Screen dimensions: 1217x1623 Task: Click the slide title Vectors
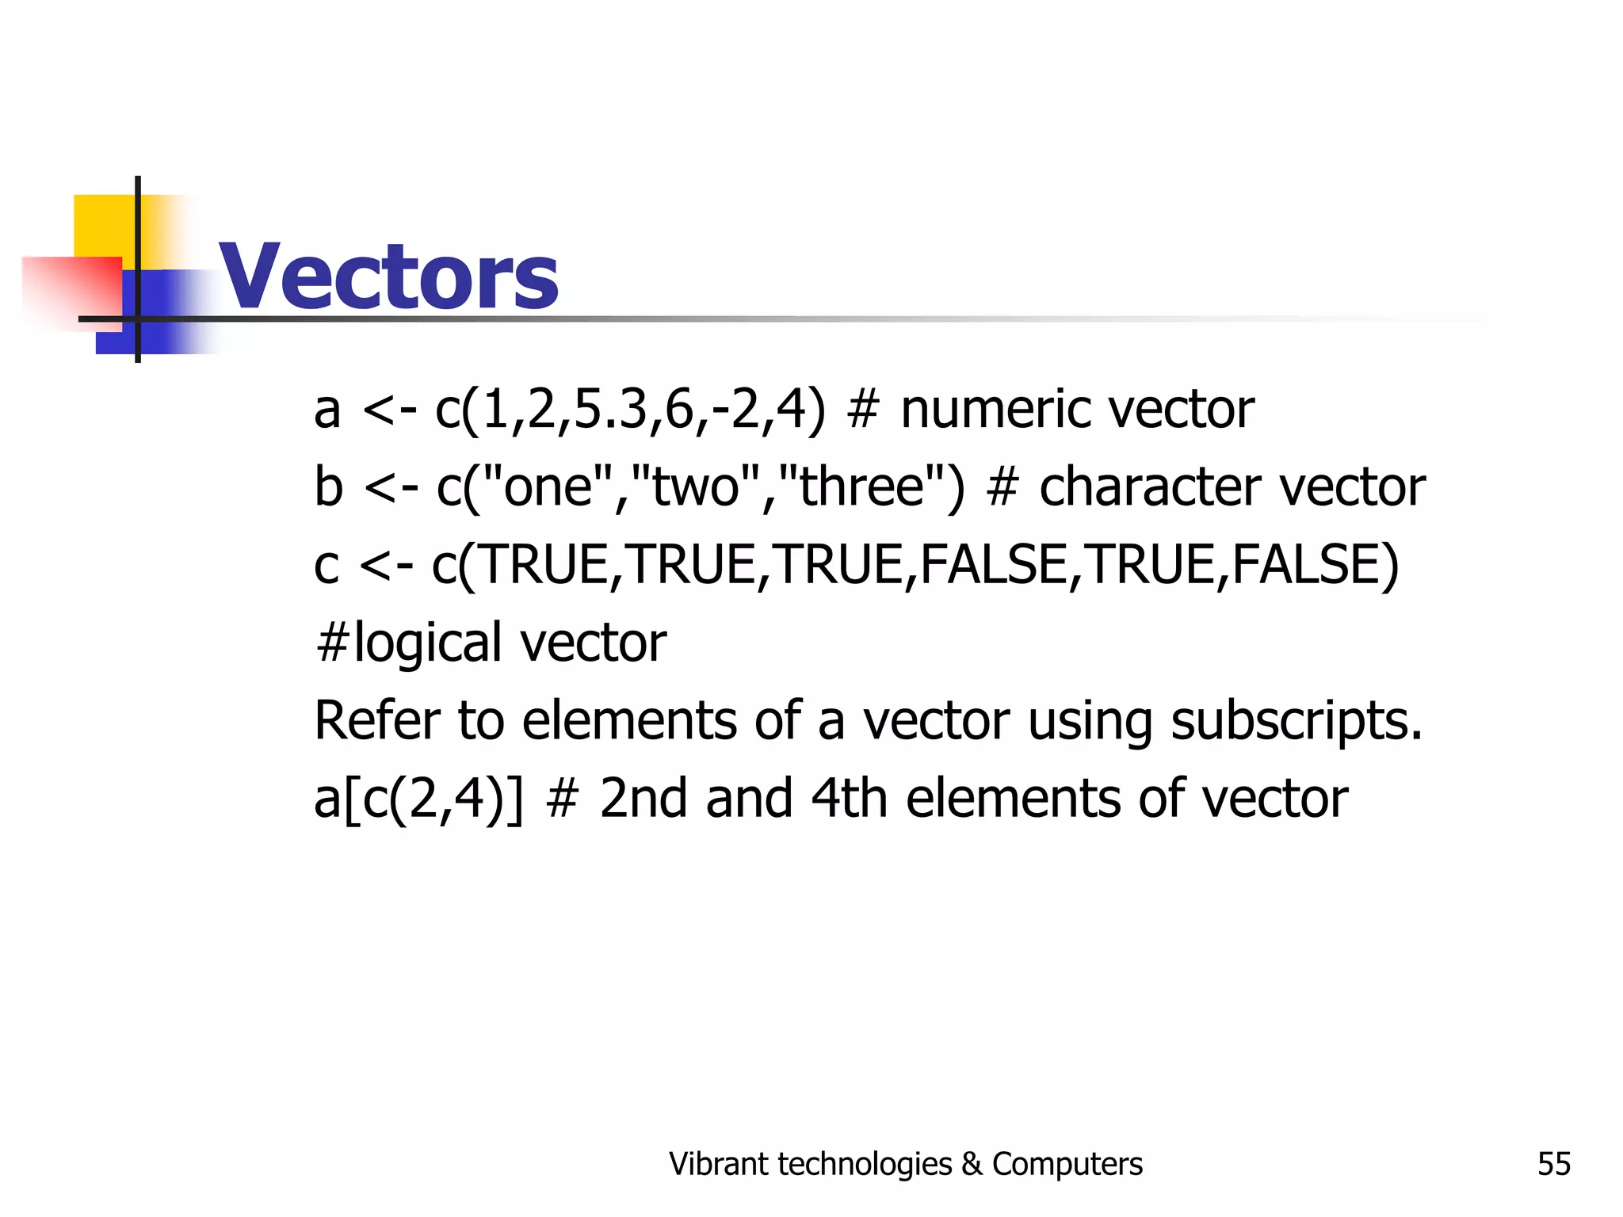click(x=388, y=277)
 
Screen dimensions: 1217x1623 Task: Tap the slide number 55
click(x=1553, y=1164)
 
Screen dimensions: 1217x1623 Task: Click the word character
click(x=1149, y=486)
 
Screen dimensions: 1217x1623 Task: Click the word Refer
click(x=376, y=720)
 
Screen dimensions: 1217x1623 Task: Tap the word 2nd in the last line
click(x=643, y=798)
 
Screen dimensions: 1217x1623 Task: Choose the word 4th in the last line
click(x=849, y=798)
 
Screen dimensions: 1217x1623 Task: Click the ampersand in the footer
click(x=972, y=1164)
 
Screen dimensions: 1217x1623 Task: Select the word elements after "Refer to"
click(x=630, y=720)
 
